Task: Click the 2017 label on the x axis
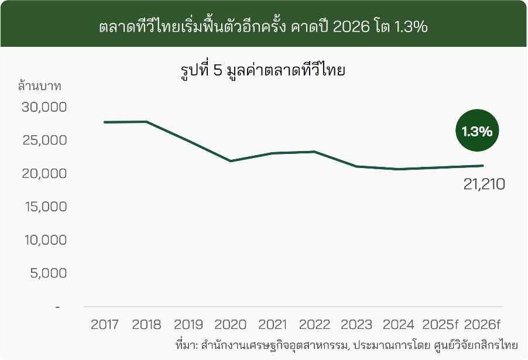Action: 105,324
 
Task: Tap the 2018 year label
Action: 146,324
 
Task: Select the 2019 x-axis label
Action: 188,324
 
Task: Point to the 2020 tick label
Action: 231,324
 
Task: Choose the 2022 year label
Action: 315,324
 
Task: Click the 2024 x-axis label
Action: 399,324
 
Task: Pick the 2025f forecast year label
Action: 440,324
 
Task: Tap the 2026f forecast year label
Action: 482,324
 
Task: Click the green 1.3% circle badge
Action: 477,132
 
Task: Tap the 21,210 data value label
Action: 484,184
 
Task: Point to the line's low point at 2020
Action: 231,161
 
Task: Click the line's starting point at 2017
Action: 105,122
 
